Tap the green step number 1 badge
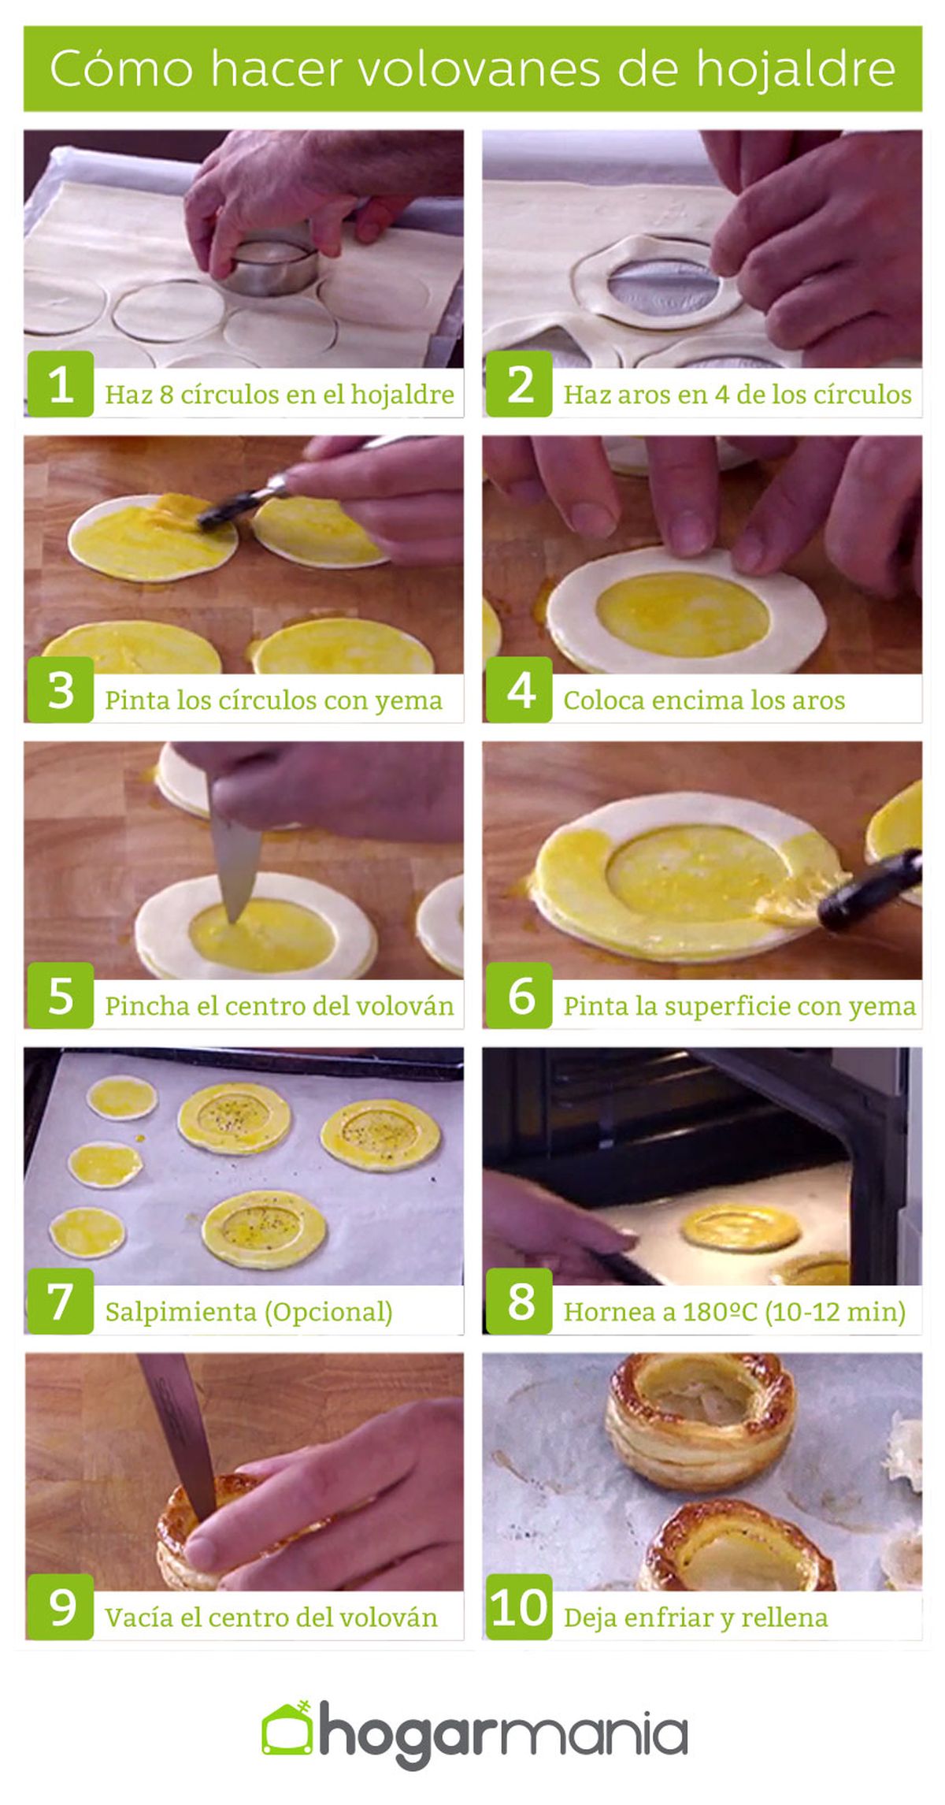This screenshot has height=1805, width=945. coord(61,384)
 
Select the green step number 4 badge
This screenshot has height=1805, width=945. coord(520,690)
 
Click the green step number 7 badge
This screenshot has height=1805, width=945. coord(61,1302)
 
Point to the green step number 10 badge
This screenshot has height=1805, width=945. coord(520,1607)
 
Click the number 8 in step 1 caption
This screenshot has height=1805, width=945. coord(166,394)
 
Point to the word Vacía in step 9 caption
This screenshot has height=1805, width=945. coord(139,1617)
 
